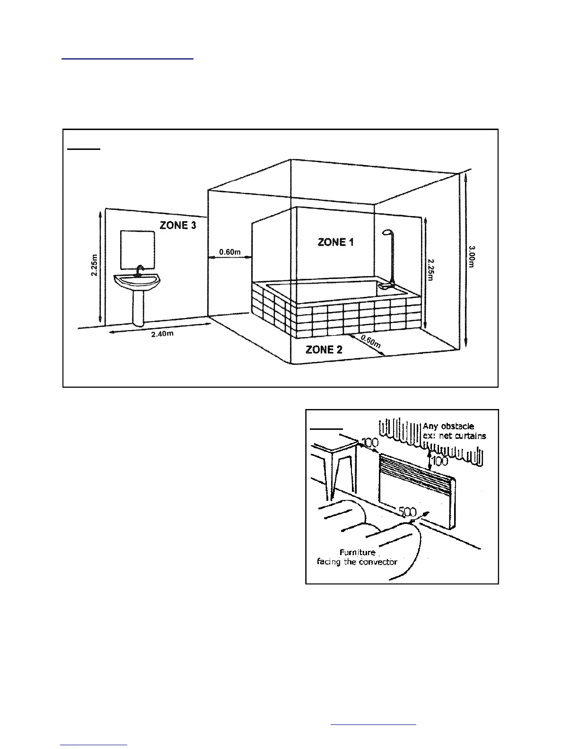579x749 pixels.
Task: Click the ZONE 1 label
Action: (335, 242)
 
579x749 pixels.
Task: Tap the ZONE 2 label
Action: (324, 350)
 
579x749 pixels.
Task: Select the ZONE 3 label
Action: (178, 225)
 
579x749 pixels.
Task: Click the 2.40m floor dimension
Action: (162, 334)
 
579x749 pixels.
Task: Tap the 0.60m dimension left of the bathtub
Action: (230, 252)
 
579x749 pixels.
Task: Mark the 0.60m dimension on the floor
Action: (370, 341)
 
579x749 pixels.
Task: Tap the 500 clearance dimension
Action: (407, 512)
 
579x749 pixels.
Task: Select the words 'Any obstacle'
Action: (448, 426)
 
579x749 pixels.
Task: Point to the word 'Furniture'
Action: (357, 552)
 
